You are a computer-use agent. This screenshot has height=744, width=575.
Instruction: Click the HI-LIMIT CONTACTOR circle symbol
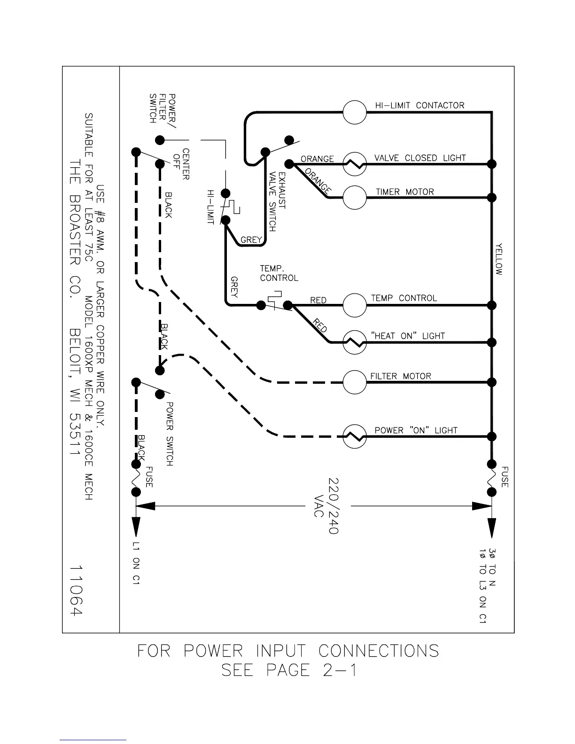(x=355, y=112)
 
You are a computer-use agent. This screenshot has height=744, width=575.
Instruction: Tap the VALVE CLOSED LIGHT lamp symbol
(x=355, y=164)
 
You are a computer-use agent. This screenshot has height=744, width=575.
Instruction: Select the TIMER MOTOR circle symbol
(x=355, y=197)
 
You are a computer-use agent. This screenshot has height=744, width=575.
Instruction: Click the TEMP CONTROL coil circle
(x=355, y=305)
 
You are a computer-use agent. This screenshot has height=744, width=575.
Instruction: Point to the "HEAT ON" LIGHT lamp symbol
(x=355, y=342)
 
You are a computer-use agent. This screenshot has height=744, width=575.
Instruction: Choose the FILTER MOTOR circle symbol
(x=355, y=382)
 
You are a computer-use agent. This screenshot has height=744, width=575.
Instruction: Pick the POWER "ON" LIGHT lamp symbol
(x=355, y=436)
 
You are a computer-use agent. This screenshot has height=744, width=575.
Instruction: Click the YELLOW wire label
(x=499, y=259)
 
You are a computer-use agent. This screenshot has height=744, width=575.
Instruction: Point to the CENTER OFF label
(x=181, y=164)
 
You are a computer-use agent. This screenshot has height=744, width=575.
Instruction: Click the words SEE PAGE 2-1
(x=288, y=670)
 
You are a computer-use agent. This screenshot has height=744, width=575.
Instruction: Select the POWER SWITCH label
(x=170, y=434)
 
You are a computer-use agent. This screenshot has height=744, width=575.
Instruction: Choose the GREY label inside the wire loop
(x=251, y=240)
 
